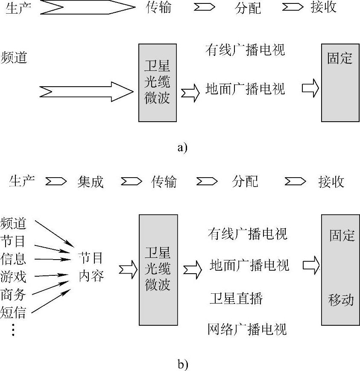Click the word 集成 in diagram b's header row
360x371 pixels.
(x=91, y=182)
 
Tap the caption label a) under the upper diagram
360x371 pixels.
(x=182, y=148)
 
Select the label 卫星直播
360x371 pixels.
(x=236, y=298)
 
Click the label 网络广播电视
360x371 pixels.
(x=247, y=329)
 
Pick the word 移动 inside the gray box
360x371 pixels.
(x=341, y=299)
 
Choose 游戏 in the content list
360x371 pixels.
(x=13, y=276)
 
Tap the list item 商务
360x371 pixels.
(x=13, y=295)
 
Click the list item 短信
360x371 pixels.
(x=13, y=313)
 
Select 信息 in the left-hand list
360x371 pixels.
(x=13, y=259)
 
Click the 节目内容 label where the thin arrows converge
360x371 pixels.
(x=91, y=267)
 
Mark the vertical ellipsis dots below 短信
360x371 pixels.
(x=13, y=330)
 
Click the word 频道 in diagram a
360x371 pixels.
(x=14, y=57)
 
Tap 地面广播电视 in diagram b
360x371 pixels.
(x=249, y=265)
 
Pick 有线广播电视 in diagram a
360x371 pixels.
(x=245, y=50)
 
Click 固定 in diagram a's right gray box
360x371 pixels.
(x=340, y=58)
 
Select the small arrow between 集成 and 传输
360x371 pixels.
(x=131, y=182)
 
